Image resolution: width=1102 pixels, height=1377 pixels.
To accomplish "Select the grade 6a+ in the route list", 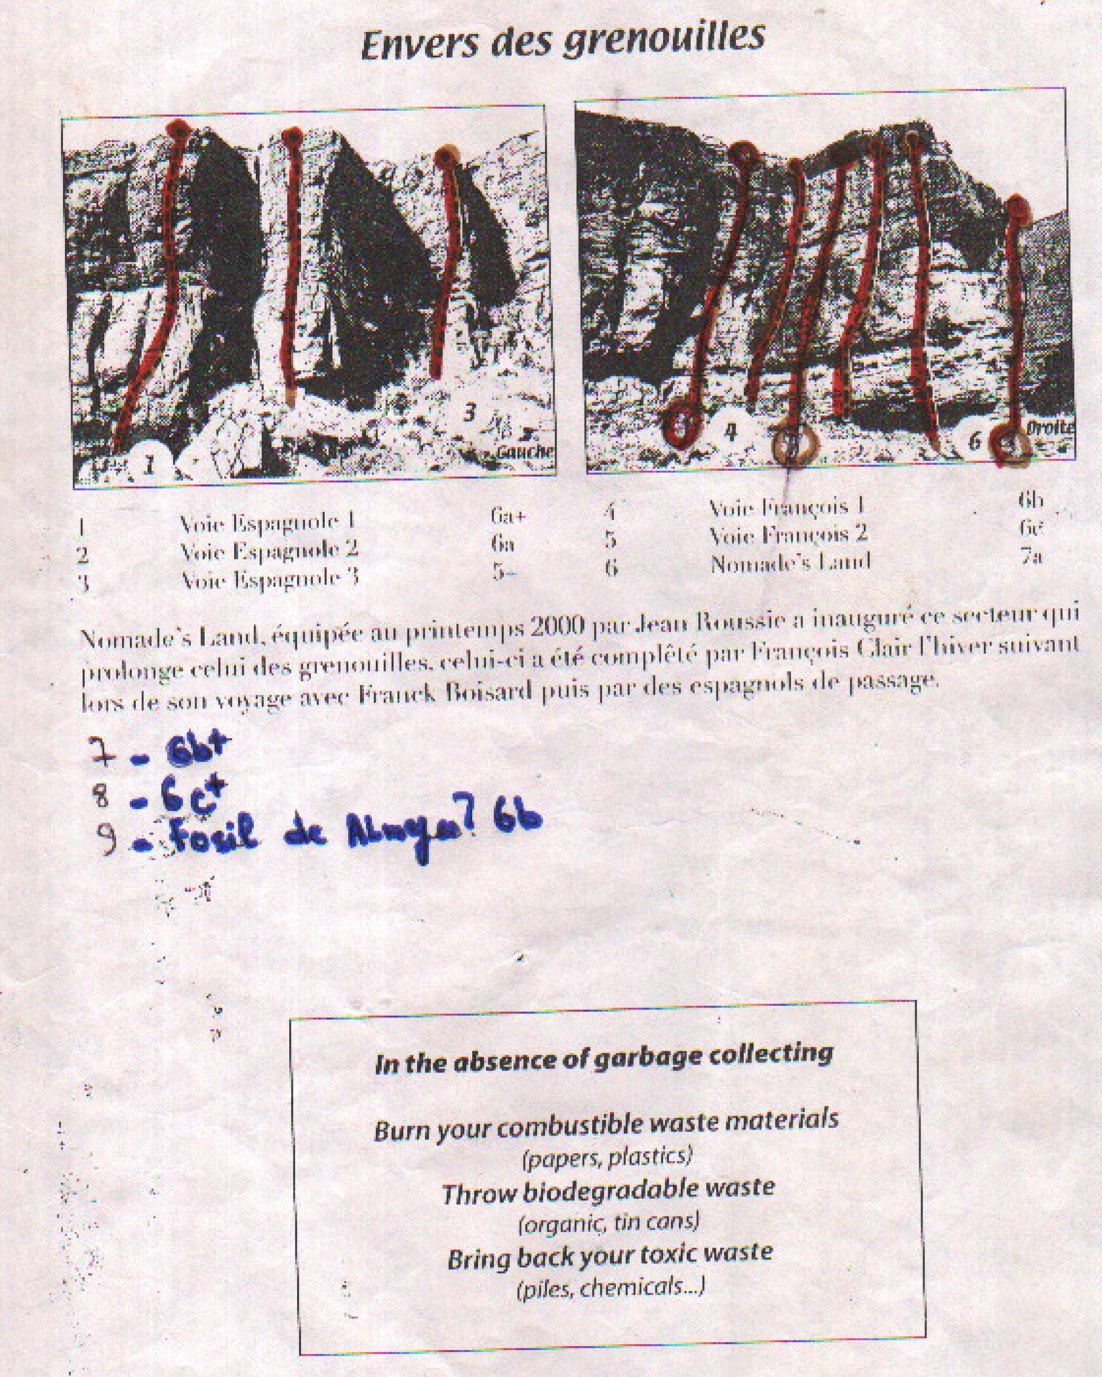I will point(508,516).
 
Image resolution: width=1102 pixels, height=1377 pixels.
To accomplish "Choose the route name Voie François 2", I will point(788,534).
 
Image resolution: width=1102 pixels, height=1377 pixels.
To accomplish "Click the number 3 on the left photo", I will point(469,413).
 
